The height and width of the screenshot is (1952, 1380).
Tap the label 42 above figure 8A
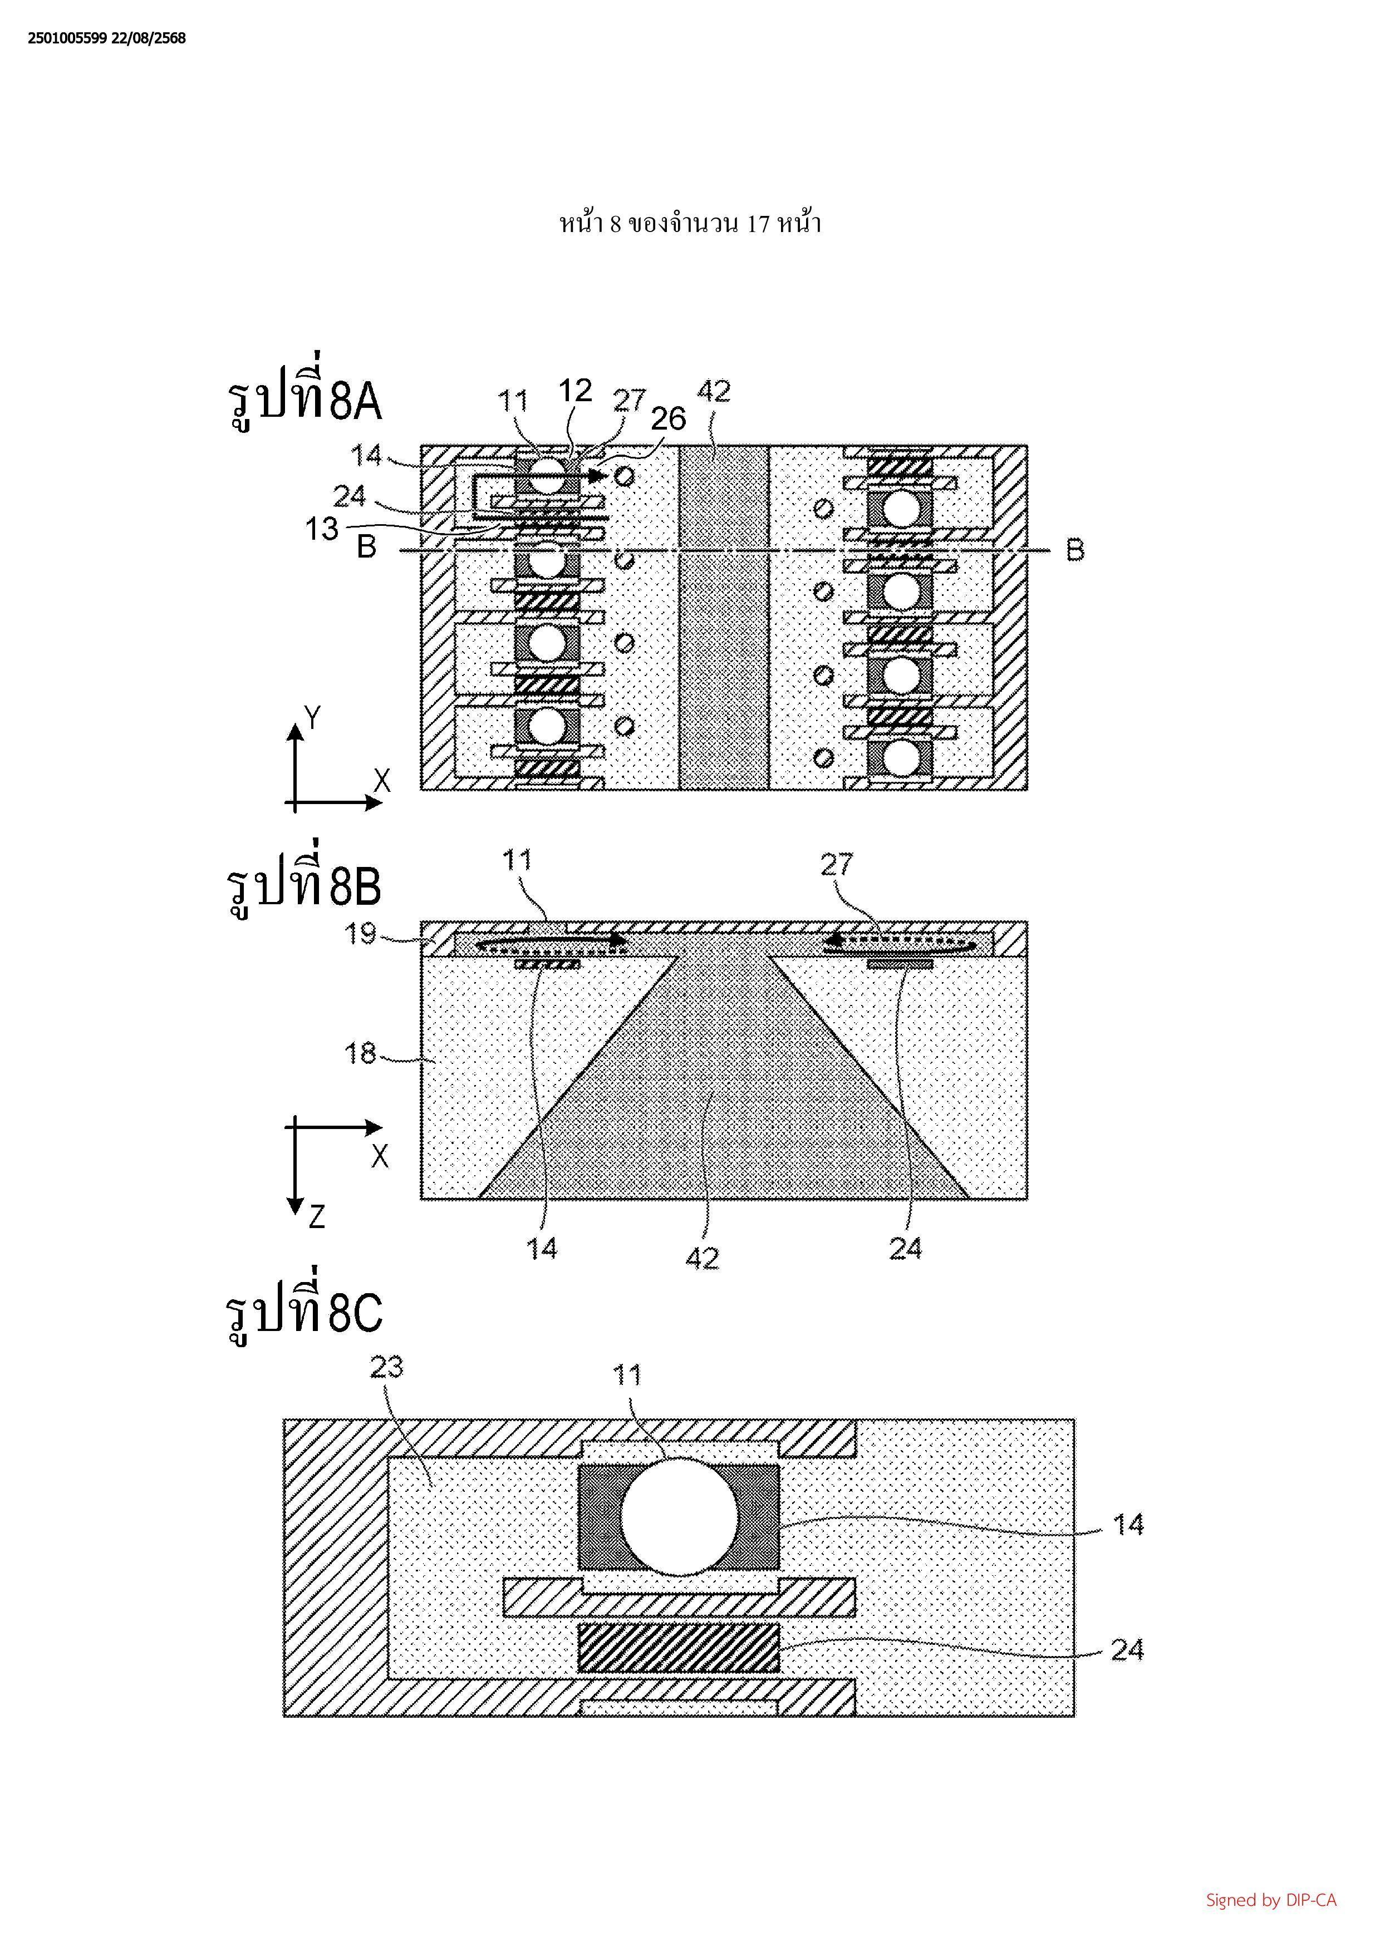click(x=714, y=392)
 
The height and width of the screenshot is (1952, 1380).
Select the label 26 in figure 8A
click(x=669, y=418)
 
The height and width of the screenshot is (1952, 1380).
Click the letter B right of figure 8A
click(x=1075, y=551)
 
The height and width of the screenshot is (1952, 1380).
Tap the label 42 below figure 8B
click(x=703, y=1258)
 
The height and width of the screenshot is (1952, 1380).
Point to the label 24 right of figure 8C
click(x=1127, y=1650)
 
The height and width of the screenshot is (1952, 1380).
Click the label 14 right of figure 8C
click(x=1128, y=1525)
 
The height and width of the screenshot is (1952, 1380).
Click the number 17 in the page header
click(x=758, y=224)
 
